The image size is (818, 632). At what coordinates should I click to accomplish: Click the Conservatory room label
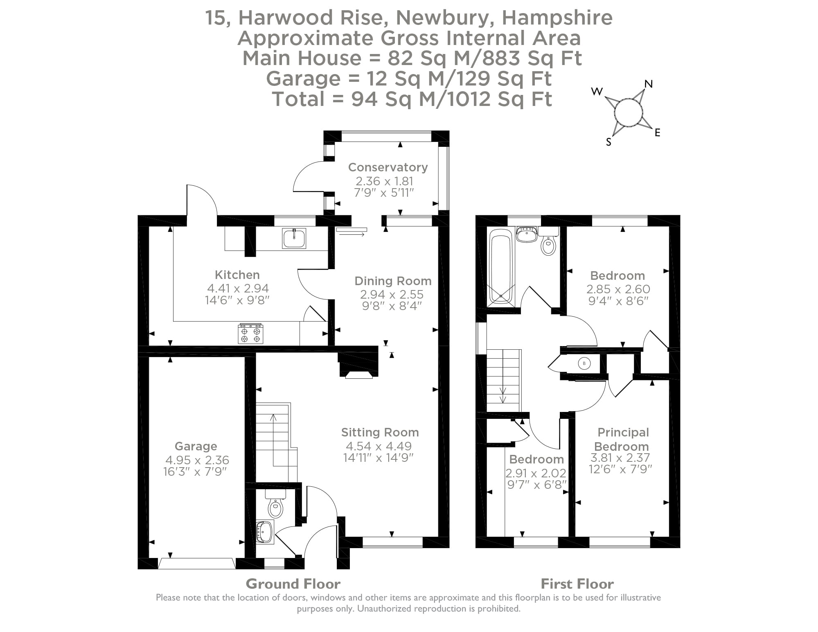pyautogui.click(x=388, y=167)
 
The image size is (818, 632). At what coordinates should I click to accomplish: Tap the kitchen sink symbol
pyautogui.click(x=294, y=238)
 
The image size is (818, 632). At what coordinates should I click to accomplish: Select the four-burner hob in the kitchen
pyautogui.click(x=250, y=334)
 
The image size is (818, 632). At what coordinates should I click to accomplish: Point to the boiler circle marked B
pyautogui.click(x=584, y=363)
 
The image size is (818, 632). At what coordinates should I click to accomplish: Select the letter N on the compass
pyautogui.click(x=648, y=84)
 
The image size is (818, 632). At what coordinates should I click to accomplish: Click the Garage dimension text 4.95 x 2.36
pyautogui.click(x=197, y=460)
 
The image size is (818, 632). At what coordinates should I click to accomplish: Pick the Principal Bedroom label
pyautogui.click(x=623, y=439)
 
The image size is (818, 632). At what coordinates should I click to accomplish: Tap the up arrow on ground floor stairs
pyautogui.click(x=273, y=418)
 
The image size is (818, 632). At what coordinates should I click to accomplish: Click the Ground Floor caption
pyautogui.click(x=293, y=584)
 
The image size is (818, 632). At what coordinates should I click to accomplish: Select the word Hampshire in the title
pyautogui.click(x=557, y=18)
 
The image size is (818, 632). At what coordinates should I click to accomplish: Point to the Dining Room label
pyautogui.click(x=392, y=281)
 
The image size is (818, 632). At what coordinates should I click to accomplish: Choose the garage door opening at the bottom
pyautogui.click(x=196, y=564)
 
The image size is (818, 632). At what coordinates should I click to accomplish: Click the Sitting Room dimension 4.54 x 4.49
pyautogui.click(x=379, y=446)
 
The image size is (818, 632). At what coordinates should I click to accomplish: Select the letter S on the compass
pyautogui.click(x=608, y=142)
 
